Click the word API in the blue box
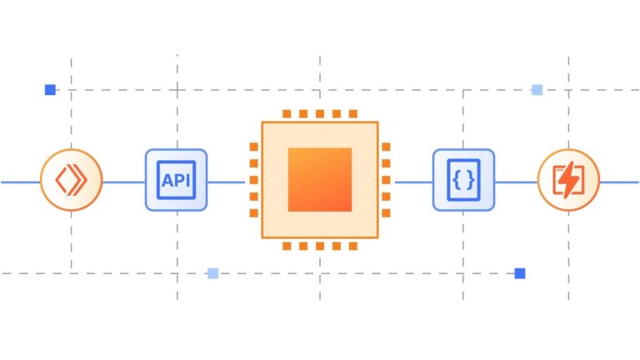[176, 180]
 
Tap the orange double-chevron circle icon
[72, 180]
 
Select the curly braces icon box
[463, 180]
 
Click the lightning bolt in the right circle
[568, 180]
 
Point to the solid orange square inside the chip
[320, 180]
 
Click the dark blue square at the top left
[50, 90]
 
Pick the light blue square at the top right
[537, 90]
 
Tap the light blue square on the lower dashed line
[213, 273]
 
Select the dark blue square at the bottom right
[520, 273]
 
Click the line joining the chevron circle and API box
[124, 182]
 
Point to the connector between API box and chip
[226, 182]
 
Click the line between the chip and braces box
[414, 182]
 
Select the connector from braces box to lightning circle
[517, 182]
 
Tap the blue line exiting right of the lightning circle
[619, 182]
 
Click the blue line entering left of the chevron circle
[21, 182]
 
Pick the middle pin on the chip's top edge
[320, 114]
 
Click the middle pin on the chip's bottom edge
[320, 246]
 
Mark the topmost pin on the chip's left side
[254, 147]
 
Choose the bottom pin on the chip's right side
[386, 213]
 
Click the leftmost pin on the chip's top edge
[287, 114]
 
